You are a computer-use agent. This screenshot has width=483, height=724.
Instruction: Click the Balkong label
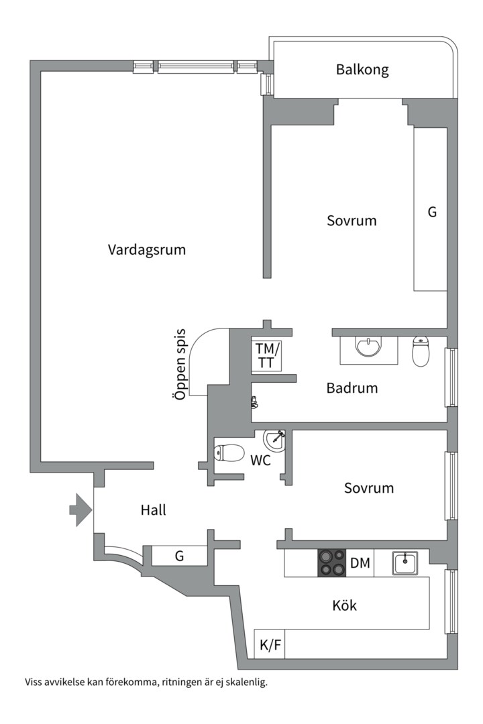click(x=362, y=70)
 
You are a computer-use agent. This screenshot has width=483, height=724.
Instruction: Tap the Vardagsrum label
click(x=147, y=250)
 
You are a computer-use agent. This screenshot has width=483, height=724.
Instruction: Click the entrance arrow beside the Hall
click(x=80, y=510)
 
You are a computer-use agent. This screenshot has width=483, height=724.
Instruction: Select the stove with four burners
click(x=332, y=563)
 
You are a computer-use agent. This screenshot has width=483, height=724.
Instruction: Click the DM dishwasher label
click(x=360, y=564)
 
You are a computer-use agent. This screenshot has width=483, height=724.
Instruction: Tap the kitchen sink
click(x=405, y=563)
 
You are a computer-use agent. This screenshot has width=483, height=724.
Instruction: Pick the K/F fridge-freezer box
click(x=270, y=645)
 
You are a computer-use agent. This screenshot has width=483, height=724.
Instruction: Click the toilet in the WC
click(x=229, y=454)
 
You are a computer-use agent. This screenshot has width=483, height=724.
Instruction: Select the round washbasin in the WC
click(x=274, y=440)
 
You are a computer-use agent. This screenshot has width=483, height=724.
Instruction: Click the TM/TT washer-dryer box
click(x=266, y=355)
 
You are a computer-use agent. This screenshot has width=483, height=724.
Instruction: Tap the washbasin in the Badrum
click(x=368, y=348)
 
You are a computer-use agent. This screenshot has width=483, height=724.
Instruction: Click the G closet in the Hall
click(x=179, y=556)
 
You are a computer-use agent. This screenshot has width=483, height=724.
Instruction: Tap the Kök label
click(x=344, y=606)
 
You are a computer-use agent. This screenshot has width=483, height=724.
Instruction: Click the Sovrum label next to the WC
click(x=368, y=488)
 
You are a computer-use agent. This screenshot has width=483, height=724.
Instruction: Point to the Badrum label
click(x=352, y=388)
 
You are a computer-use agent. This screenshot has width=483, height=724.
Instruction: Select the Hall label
click(x=153, y=510)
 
